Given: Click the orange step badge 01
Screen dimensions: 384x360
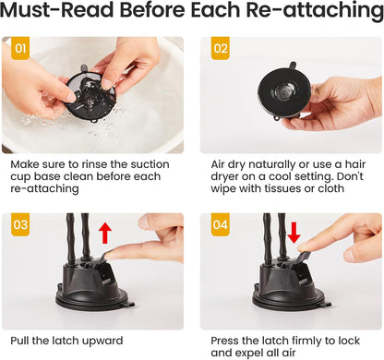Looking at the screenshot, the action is click(x=20, y=48).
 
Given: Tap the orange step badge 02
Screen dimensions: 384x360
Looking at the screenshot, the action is click(x=221, y=48).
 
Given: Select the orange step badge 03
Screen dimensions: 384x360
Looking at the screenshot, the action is click(x=20, y=224).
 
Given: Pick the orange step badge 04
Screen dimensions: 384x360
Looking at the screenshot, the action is click(x=221, y=224).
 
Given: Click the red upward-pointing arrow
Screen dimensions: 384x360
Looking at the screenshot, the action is click(x=105, y=234).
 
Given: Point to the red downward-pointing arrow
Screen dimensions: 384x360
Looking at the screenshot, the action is click(x=294, y=234).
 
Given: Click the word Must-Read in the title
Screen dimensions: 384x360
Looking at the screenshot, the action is click(x=57, y=10).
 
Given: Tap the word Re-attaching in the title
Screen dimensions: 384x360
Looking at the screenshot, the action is click(x=315, y=11).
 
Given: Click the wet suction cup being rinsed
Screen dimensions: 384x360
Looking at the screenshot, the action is click(x=90, y=93).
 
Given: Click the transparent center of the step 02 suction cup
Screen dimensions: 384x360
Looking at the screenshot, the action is click(x=284, y=91).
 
